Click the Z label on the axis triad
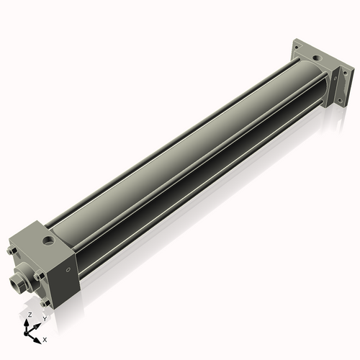(x=30, y=315)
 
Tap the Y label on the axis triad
(x=45, y=318)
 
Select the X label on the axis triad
(x=45, y=338)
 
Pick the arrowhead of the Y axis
(x=39, y=322)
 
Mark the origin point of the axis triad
(x=29, y=332)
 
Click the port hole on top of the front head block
(x=48, y=235)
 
